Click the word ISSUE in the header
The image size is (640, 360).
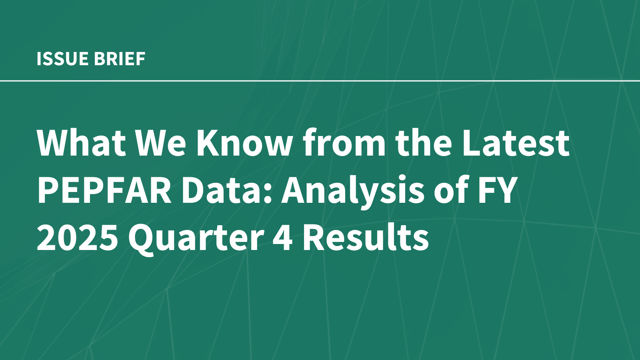pyautogui.click(x=62, y=59)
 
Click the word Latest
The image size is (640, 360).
pyautogui.click(x=516, y=143)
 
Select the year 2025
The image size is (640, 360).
pyautogui.click(x=78, y=237)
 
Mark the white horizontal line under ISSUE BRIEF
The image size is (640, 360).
pyautogui.click(x=320, y=81)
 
